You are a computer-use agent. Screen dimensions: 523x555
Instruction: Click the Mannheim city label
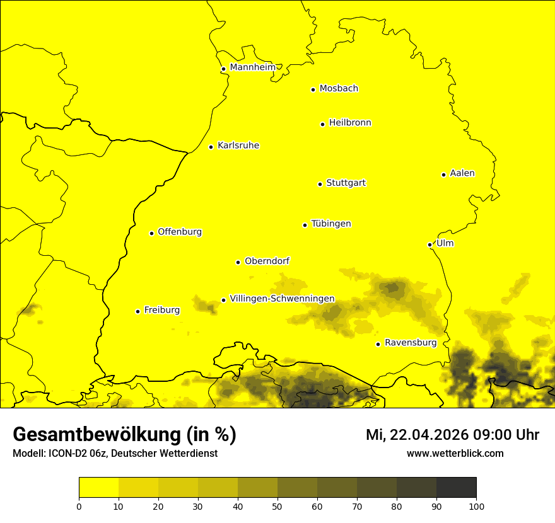pos(252,67)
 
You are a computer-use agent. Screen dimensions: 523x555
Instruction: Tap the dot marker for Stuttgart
pos(320,184)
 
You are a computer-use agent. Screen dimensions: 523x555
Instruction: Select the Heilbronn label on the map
pos(350,123)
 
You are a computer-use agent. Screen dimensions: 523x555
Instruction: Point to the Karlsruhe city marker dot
pos(211,147)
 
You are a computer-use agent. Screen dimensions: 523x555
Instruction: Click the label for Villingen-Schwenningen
pos(282,299)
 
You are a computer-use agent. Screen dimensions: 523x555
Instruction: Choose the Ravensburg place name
pos(411,343)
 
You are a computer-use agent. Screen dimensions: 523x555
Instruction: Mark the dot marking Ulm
pos(429,244)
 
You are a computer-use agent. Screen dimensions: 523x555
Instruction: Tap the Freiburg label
pos(162,310)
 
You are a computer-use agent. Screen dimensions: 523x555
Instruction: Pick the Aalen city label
pos(462,173)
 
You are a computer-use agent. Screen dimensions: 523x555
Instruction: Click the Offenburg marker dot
pos(151,233)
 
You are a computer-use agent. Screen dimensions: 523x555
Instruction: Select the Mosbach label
pos(339,89)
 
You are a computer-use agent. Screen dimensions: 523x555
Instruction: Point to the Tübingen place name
pos(331,224)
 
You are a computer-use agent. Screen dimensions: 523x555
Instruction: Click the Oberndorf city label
pos(267,261)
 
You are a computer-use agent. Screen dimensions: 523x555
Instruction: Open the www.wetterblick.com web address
pos(455,453)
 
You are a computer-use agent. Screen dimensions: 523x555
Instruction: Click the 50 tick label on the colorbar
pos(277,506)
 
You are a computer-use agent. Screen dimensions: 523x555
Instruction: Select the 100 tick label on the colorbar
pos(476,506)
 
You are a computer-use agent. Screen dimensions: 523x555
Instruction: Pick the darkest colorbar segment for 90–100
pos(456,487)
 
